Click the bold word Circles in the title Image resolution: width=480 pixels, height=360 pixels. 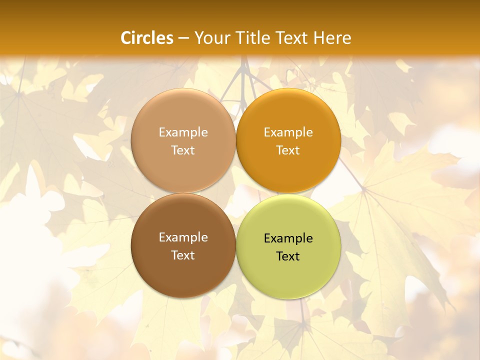click(147, 38)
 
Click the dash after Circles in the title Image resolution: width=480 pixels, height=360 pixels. click(183, 38)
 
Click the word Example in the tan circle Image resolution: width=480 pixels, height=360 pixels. click(183, 132)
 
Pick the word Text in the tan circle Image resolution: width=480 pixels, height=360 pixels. click(183, 150)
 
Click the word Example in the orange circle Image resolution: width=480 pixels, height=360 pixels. click(288, 132)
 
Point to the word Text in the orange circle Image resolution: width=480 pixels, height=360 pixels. click(288, 150)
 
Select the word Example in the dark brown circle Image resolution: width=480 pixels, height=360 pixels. click(183, 237)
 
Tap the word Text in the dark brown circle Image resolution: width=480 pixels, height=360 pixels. click(183, 255)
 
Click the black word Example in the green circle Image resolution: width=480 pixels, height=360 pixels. click(288, 238)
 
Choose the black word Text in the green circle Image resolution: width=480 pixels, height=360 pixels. click(288, 256)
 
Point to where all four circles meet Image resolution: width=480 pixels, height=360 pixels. click(235, 193)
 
